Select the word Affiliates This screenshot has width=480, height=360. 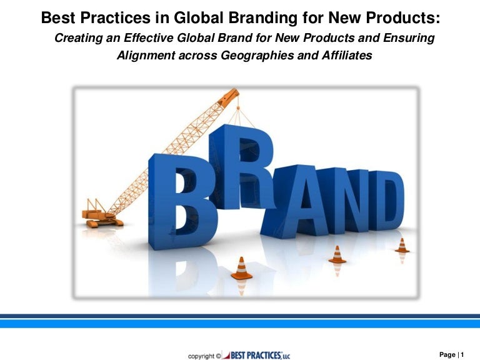click(344, 56)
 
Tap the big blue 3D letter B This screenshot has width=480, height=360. click(181, 200)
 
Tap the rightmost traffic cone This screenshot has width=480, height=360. click(402, 245)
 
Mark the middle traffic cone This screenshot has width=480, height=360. click(337, 254)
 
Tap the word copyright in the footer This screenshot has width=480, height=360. click(201, 356)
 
